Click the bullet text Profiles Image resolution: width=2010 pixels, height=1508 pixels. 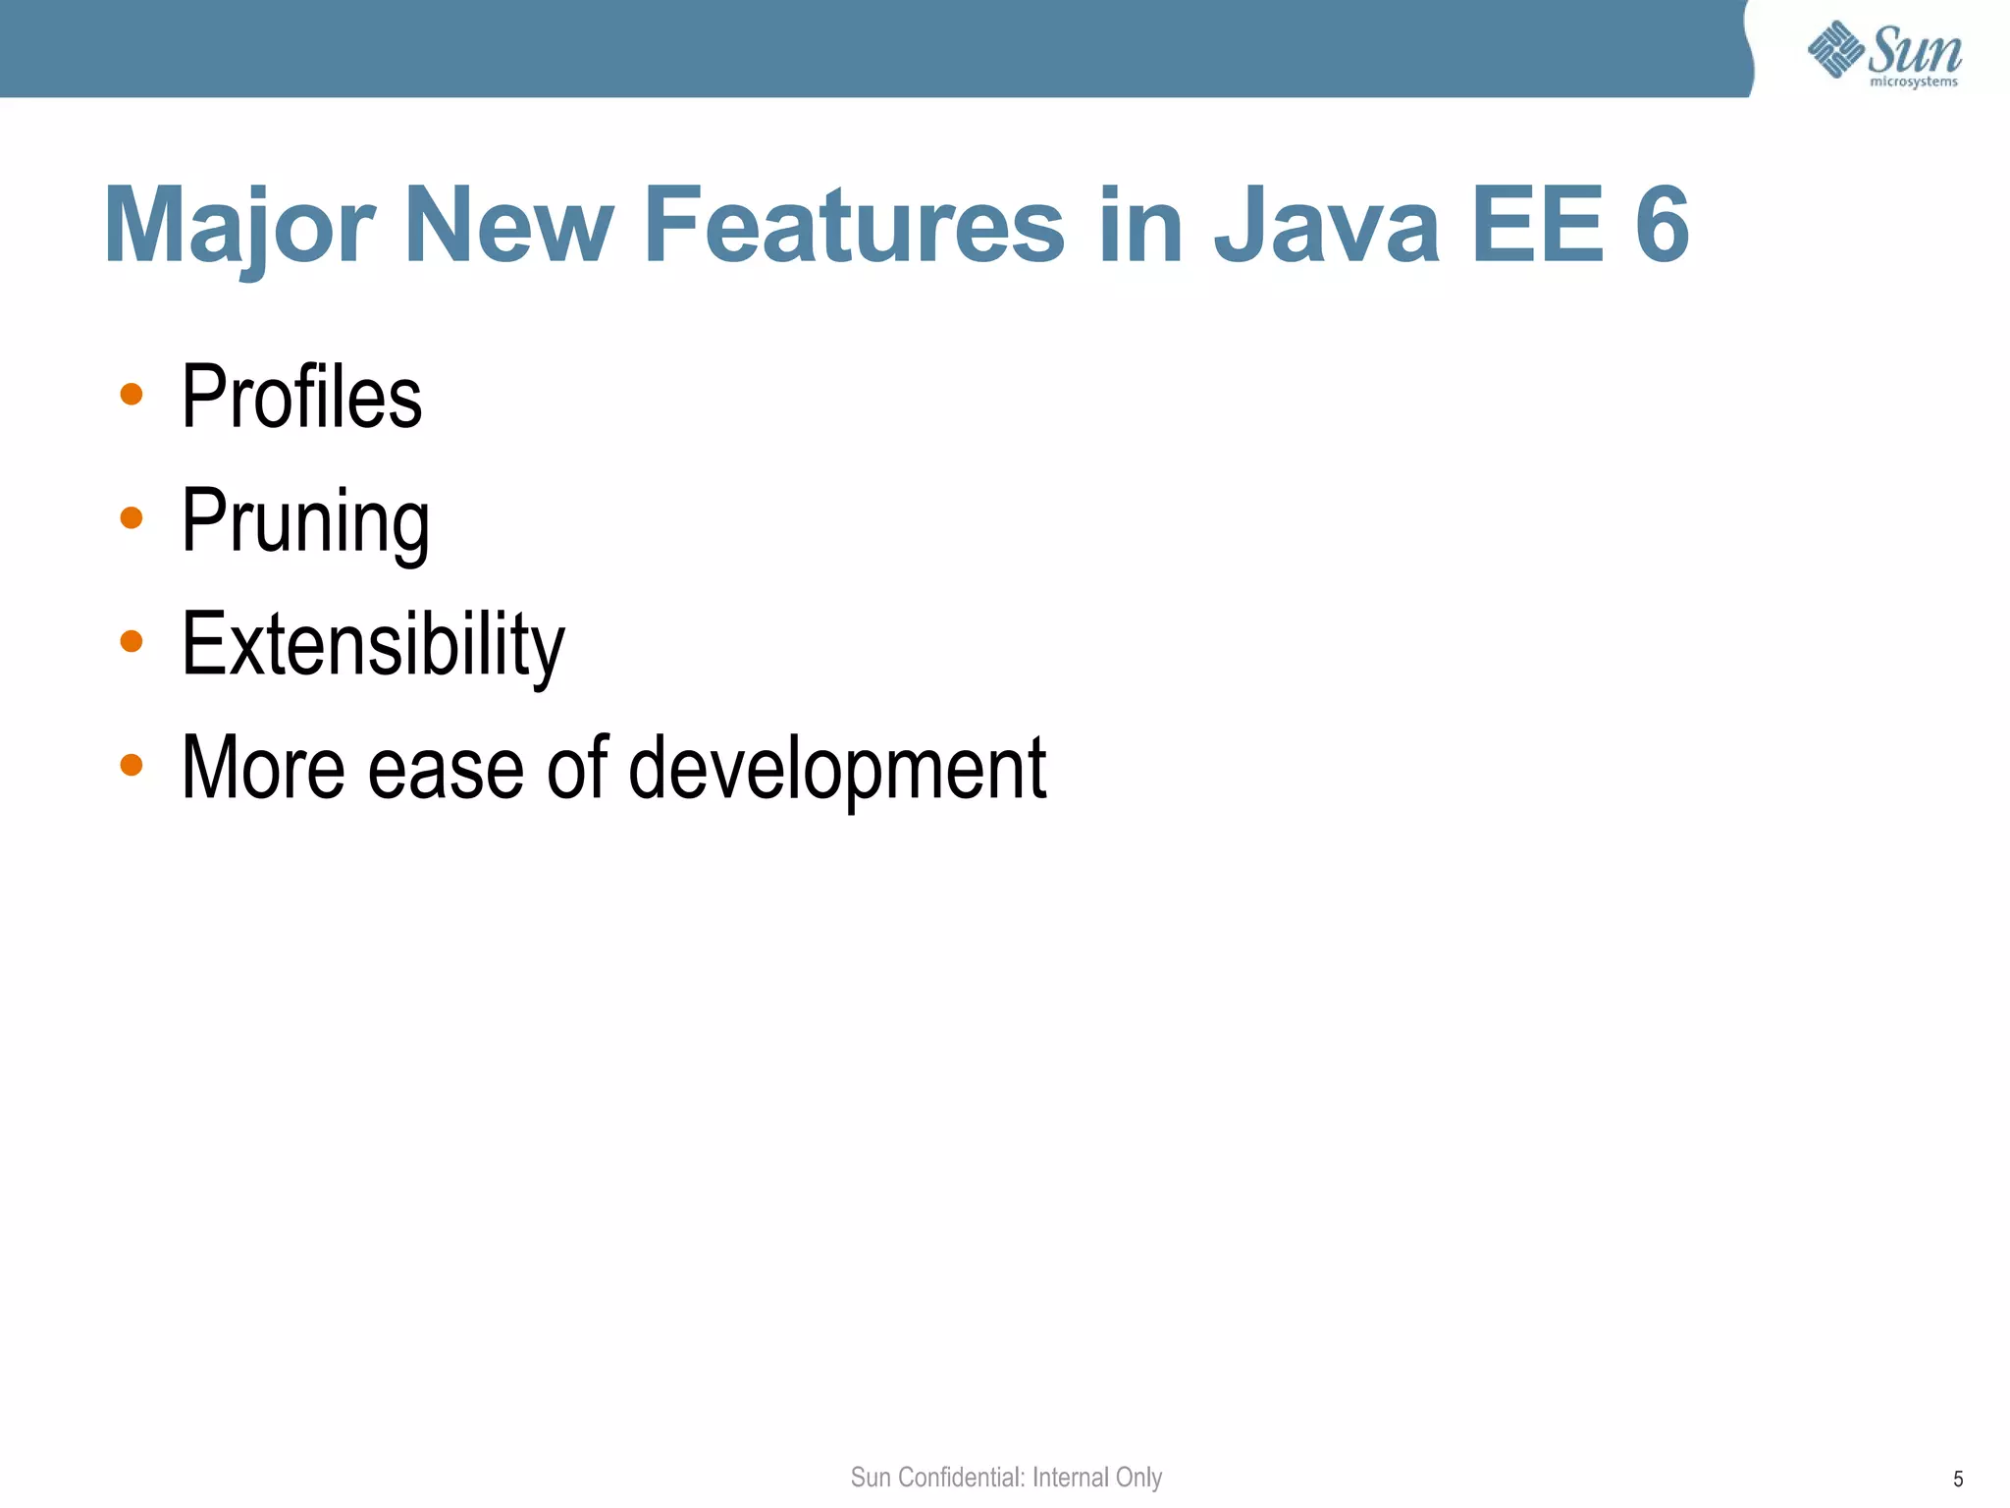click(301, 397)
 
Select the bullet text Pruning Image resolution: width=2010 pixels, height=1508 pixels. click(305, 521)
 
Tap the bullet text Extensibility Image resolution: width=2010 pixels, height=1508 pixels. click(373, 644)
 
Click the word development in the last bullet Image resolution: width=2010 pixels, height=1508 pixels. click(836, 769)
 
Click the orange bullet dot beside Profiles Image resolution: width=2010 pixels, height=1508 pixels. click(132, 395)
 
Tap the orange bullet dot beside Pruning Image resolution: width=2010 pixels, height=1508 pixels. click(132, 517)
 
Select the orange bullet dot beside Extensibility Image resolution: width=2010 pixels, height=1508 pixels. click(132, 641)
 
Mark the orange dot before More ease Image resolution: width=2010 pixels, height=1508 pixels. click(132, 764)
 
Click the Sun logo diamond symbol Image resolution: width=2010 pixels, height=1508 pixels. click(1835, 49)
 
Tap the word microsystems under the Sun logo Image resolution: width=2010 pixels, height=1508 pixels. click(1913, 82)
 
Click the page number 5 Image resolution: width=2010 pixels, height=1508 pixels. click(1958, 1480)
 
